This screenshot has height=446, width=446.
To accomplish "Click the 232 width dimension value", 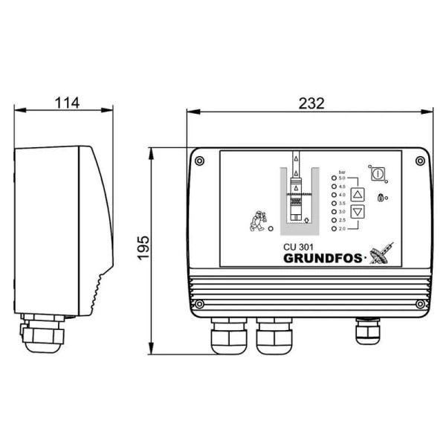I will pyautogui.click(x=311, y=104).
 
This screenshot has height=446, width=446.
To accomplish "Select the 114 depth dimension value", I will pyautogui.click(x=67, y=103).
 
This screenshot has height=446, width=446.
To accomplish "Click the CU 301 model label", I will pyautogui.click(x=300, y=248).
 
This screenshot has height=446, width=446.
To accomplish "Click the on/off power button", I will pyautogui.click(x=378, y=172).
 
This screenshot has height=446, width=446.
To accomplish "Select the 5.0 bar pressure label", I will pyautogui.click(x=342, y=178).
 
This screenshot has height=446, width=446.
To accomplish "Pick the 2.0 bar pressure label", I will pyautogui.click(x=342, y=227).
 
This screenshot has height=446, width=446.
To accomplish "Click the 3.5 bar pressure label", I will pyautogui.click(x=342, y=203).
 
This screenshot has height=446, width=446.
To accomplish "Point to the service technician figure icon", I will pyautogui.click(x=257, y=222).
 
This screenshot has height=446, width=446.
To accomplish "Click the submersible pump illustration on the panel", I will pyautogui.click(x=297, y=195).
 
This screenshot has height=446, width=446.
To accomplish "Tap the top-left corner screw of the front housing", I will pyautogui.click(x=199, y=160).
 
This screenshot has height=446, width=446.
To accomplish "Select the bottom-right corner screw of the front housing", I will pyautogui.click(x=420, y=303).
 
